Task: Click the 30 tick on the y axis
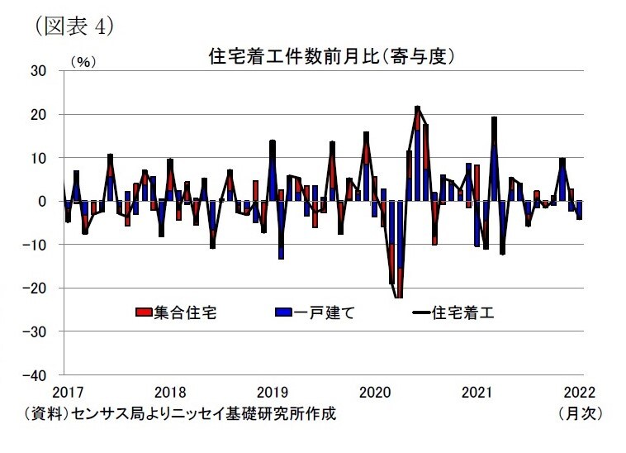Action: pyautogui.click(x=38, y=71)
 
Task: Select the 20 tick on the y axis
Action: pyautogui.click(x=38, y=114)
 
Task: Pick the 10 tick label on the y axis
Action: pyautogui.click(x=38, y=158)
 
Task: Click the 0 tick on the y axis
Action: pyautogui.click(x=43, y=201)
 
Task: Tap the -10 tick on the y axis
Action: pyautogui.click(x=36, y=245)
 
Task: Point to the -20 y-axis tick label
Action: pyautogui.click(x=36, y=288)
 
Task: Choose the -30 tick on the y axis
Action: pyautogui.click(x=36, y=331)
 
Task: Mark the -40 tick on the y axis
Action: pyautogui.click(x=36, y=374)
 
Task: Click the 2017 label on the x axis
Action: pyautogui.click(x=65, y=392)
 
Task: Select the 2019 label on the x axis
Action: pyautogui.click(x=273, y=392)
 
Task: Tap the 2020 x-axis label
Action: pyautogui.click(x=376, y=392)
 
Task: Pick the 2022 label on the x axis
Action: pyautogui.click(x=581, y=392)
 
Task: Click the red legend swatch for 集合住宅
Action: pyautogui.click(x=141, y=312)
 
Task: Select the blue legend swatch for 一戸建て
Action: pyautogui.click(x=280, y=312)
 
